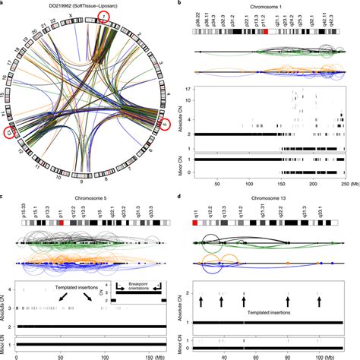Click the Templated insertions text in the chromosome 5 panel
coord(67,289)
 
